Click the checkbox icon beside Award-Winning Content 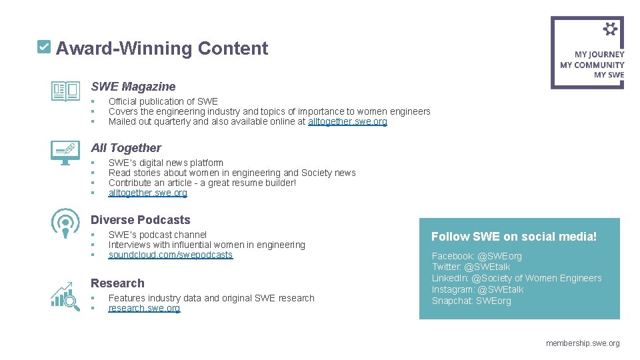tap(43, 47)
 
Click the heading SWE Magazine tap(133, 86)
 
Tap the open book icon tap(65, 91)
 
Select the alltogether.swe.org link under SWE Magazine tap(347, 121)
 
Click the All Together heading tap(126, 148)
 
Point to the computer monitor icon tap(65, 153)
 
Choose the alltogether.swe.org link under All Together tap(147, 193)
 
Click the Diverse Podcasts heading tap(141, 220)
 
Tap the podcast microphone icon tap(65, 224)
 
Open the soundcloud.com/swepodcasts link tap(171, 255)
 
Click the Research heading tap(117, 283)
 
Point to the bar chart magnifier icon tap(65, 295)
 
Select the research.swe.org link tap(144, 308)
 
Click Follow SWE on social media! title tap(514, 237)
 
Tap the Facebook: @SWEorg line tap(477, 256)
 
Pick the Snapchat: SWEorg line tap(471, 301)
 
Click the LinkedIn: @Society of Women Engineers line tap(517, 278)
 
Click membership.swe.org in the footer tap(583, 343)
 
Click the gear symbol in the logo tap(610, 29)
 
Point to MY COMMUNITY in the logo tap(592, 65)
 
